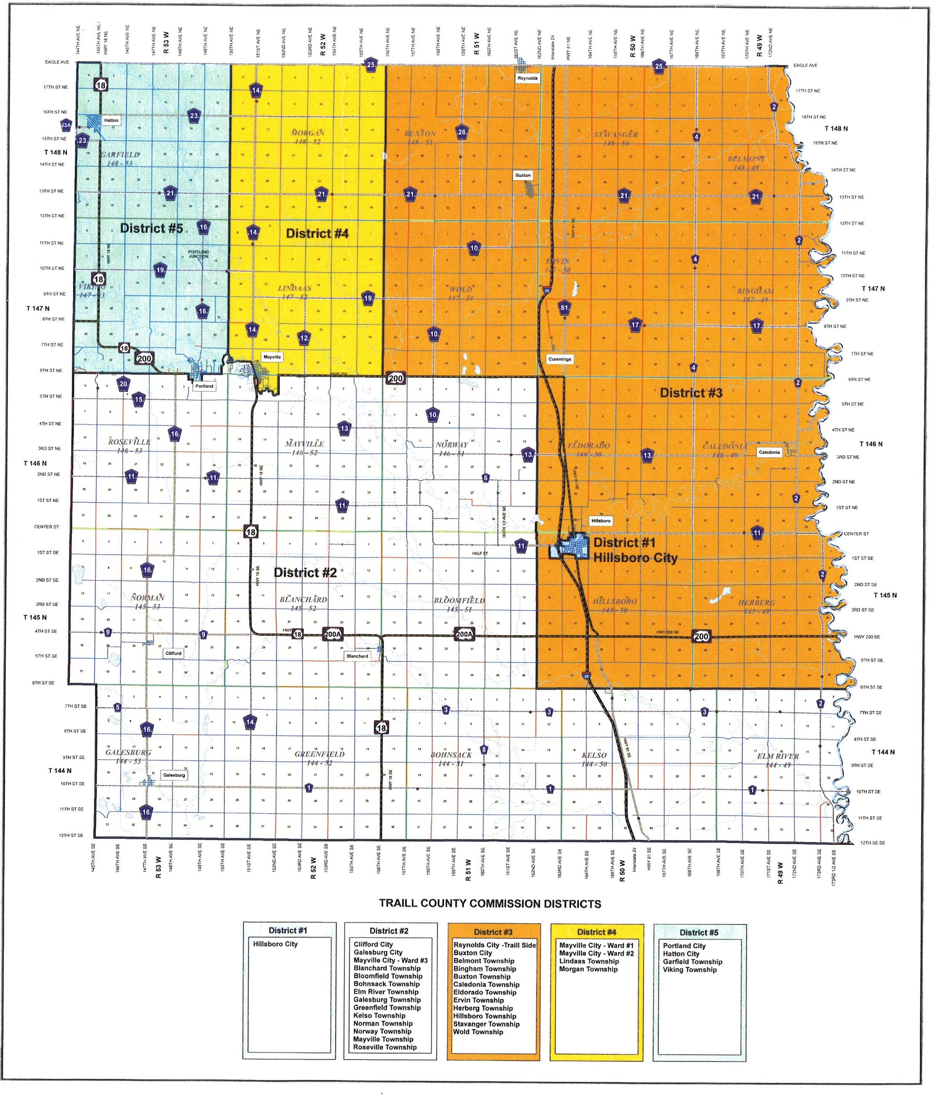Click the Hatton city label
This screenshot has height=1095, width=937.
(x=111, y=120)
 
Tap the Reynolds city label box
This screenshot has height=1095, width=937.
(x=527, y=78)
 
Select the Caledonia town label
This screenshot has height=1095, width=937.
(x=769, y=452)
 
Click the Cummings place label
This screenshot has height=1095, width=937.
(x=559, y=359)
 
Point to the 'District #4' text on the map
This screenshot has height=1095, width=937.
(x=317, y=234)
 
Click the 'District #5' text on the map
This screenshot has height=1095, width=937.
(x=152, y=228)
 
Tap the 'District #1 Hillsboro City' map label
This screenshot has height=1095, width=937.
(x=635, y=550)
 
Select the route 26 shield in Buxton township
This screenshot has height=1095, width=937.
(x=462, y=132)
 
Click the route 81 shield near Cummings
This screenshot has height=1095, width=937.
(x=564, y=307)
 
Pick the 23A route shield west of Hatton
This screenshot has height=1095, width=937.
(x=66, y=126)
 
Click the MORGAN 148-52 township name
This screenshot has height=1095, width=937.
(x=307, y=137)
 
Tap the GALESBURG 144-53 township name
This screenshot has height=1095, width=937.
(x=128, y=756)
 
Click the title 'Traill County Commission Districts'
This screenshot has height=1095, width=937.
(x=490, y=904)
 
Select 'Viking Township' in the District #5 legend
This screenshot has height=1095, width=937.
(x=689, y=970)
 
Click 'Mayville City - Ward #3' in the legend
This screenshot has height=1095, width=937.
(x=390, y=960)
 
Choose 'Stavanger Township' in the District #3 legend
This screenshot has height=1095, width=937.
(x=486, y=1024)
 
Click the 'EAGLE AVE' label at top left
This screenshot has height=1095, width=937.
(x=57, y=62)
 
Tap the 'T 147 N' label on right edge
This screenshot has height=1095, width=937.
(x=873, y=288)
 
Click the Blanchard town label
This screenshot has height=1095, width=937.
(x=357, y=656)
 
